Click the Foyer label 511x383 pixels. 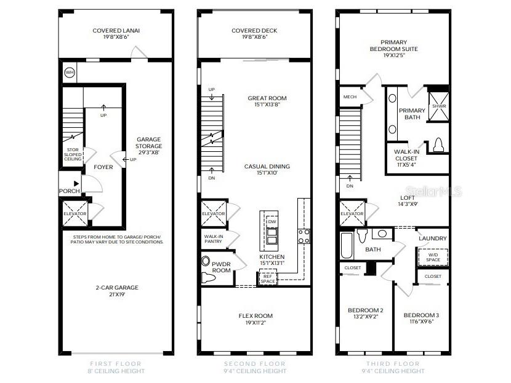(103, 167)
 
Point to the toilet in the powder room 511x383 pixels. (207, 269)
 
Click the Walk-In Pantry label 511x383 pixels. (214, 239)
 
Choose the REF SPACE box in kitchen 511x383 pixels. (267, 278)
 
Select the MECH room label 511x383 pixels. (350, 97)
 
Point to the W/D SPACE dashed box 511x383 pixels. (433, 257)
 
